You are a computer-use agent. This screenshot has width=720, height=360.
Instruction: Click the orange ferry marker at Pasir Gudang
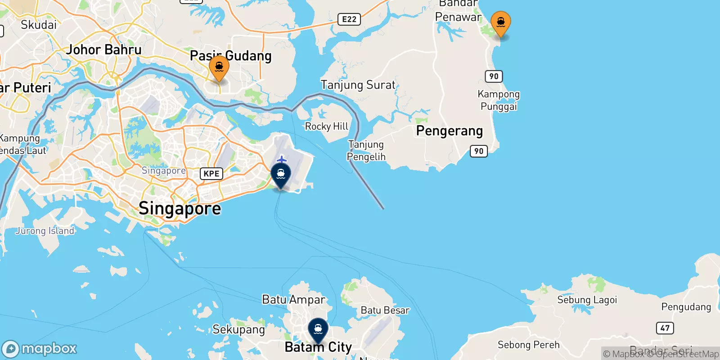(x=219, y=68)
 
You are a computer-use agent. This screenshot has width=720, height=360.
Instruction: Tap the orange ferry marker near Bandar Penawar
(x=500, y=23)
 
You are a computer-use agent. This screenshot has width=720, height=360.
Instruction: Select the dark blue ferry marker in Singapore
(x=281, y=175)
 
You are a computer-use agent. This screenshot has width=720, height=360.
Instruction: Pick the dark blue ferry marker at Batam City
(x=318, y=330)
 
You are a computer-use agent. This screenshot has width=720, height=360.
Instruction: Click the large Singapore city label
(x=180, y=208)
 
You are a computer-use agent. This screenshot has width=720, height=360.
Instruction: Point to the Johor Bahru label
(x=104, y=49)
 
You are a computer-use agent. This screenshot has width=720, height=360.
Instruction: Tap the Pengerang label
(x=449, y=131)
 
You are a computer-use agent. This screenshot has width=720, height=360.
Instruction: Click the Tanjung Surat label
(x=358, y=85)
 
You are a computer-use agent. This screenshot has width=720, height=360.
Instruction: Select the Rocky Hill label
(x=327, y=126)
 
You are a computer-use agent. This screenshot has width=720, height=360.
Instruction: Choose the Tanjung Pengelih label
(x=366, y=150)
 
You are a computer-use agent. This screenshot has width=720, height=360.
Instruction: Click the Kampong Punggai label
(x=499, y=100)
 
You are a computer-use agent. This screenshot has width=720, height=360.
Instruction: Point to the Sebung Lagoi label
(x=587, y=300)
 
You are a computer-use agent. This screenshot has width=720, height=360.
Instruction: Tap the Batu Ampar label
(x=293, y=300)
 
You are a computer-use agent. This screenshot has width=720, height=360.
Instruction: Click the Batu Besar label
(x=385, y=310)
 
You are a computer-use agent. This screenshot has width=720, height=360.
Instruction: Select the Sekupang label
(x=238, y=329)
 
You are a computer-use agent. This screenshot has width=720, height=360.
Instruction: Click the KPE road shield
(x=211, y=174)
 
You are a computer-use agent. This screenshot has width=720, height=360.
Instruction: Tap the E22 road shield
(x=349, y=19)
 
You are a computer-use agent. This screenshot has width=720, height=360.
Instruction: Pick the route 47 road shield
(x=665, y=328)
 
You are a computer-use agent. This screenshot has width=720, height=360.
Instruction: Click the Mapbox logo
(x=40, y=349)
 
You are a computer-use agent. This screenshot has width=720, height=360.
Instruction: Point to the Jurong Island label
(x=45, y=231)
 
